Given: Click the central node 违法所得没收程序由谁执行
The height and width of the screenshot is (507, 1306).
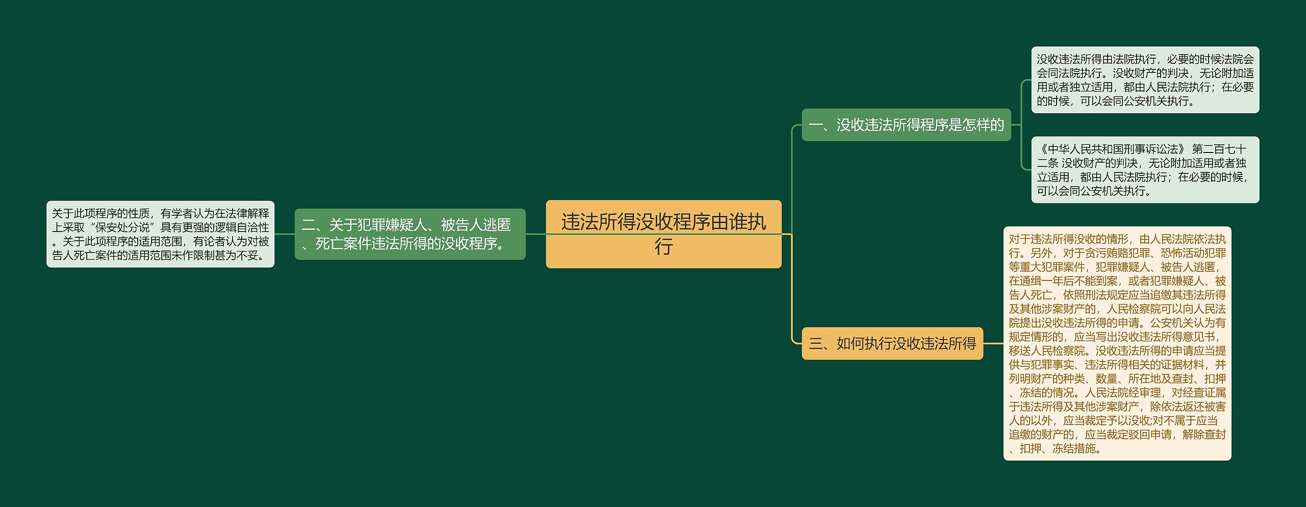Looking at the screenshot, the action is pos(663,234).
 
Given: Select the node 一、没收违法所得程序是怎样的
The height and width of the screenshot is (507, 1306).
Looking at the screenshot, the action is pos(906,125).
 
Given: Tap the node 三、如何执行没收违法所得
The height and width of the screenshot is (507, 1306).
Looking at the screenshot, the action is pos(892,343).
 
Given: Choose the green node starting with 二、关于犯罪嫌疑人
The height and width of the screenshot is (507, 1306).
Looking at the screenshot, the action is pos(410,234).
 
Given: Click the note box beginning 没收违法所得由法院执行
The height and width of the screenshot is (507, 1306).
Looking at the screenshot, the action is pos(1145,80).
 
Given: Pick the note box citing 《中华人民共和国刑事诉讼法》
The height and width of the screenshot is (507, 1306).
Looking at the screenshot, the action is pos(1145,170).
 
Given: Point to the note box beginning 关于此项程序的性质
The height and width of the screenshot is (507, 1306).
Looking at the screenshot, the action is pos(160,234).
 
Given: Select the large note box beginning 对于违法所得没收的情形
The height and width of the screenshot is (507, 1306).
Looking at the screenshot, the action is pos(1117,343).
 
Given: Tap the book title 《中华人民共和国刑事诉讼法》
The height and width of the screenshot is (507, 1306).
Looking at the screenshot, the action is pos(1112,149).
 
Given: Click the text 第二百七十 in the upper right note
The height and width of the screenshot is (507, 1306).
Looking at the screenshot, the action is pos(1219,149).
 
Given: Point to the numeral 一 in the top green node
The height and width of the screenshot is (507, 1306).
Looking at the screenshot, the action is pos(815,125).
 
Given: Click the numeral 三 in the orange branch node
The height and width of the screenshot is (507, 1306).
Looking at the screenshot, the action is pos(815,344).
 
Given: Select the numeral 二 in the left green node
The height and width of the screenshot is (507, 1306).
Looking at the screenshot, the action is pos(308,225).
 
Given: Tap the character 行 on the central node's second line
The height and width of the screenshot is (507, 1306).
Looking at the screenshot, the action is pos(664,247).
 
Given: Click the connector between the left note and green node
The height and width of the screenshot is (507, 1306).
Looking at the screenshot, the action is pos(285,234).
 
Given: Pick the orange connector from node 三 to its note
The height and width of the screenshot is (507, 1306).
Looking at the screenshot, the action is pos(993,343).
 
